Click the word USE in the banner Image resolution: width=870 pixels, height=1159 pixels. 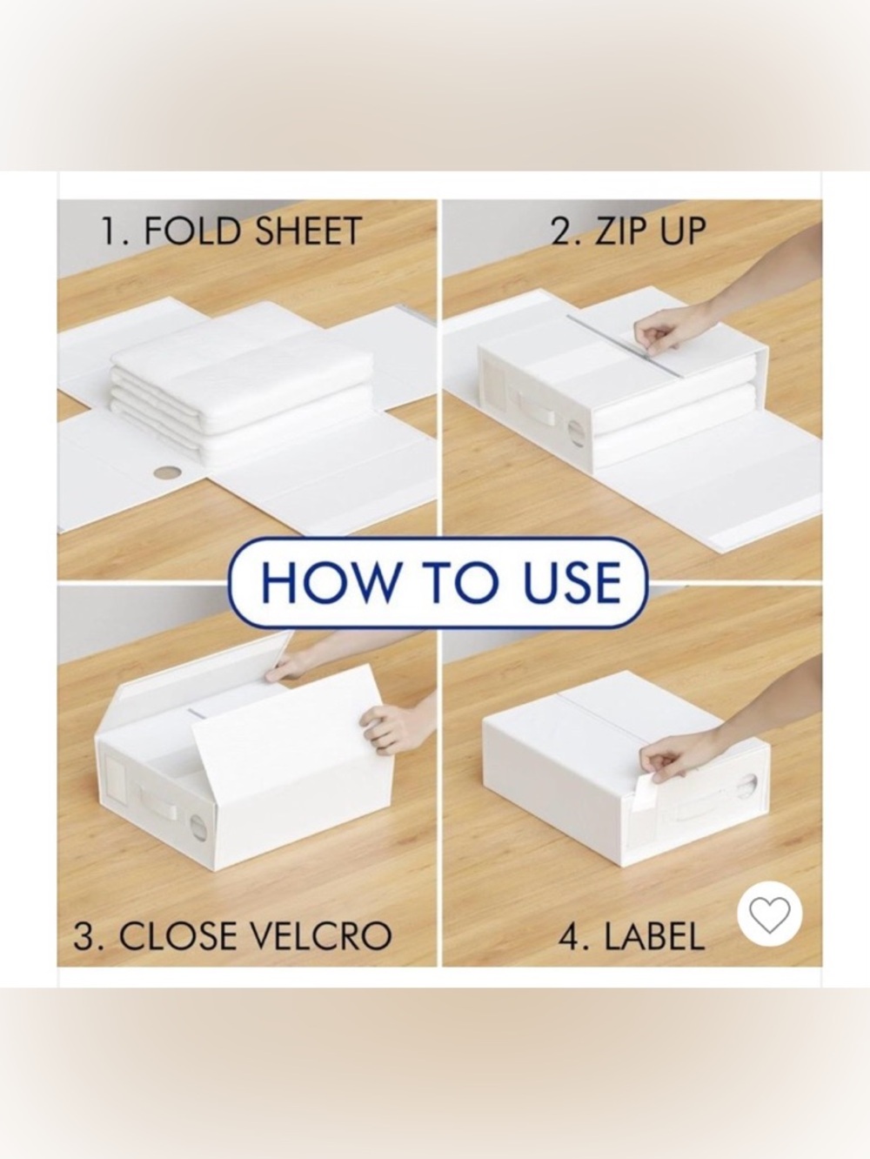tap(572, 582)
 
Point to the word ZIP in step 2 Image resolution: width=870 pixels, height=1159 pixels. tap(620, 231)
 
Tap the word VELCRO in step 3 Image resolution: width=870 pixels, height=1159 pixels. tap(320, 937)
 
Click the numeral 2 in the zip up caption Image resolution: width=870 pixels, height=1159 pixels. tap(561, 231)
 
